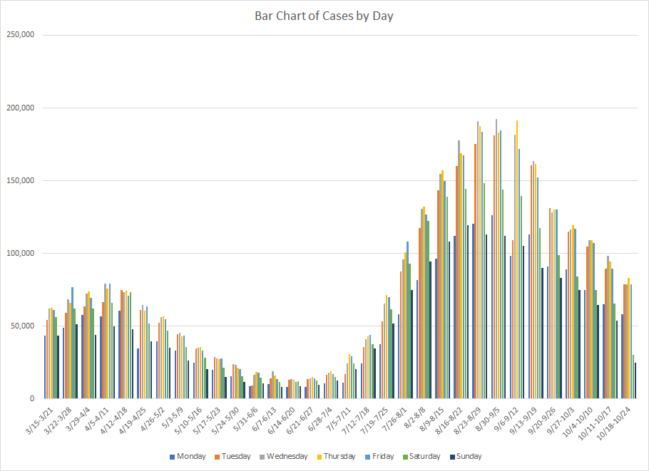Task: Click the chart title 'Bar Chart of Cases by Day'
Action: coord(324,16)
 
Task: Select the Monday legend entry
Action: coord(190,457)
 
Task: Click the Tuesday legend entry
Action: coord(237,457)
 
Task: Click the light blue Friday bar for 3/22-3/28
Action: coord(72,343)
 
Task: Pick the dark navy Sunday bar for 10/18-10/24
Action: coord(635,381)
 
